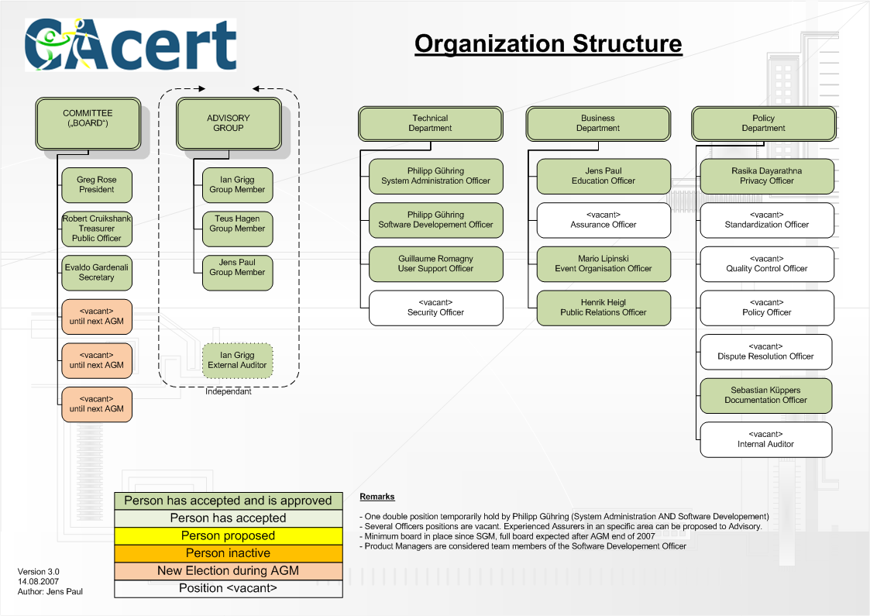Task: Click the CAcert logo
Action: click(x=130, y=44)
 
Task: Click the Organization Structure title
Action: click(x=548, y=43)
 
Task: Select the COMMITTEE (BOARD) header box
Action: click(x=88, y=122)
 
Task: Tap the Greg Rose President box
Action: click(x=96, y=185)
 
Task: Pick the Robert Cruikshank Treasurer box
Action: click(x=97, y=229)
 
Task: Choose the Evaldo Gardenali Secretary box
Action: click(x=96, y=273)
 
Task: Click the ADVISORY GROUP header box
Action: click(x=229, y=122)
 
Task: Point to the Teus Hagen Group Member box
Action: click(x=237, y=224)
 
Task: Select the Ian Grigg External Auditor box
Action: click(x=237, y=360)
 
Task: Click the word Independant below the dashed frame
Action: click(x=229, y=392)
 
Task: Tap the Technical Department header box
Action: click(x=430, y=123)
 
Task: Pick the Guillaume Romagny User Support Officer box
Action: click(x=435, y=263)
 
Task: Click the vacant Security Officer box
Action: click(x=435, y=308)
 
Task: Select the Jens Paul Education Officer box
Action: click(x=603, y=176)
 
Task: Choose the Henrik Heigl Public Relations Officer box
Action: click(x=603, y=308)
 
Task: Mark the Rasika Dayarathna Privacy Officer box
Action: click(x=766, y=176)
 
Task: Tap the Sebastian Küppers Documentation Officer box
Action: click(x=765, y=395)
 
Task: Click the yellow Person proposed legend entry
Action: click(x=228, y=536)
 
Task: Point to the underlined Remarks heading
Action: click(x=377, y=497)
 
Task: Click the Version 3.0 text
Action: click(x=39, y=572)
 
